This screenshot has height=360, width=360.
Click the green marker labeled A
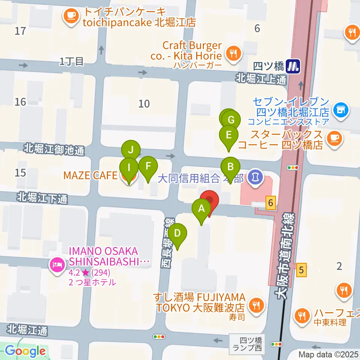click(x=201, y=208)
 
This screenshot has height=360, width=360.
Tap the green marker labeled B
click(x=230, y=167)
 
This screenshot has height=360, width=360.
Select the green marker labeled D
click(x=177, y=233)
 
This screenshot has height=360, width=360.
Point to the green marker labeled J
click(x=130, y=150)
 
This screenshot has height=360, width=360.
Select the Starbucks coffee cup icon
click(x=333, y=138)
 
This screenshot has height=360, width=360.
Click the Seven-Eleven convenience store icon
click(x=342, y=110)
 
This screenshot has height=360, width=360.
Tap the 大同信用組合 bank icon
click(x=256, y=175)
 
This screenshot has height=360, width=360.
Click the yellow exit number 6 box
click(x=271, y=203)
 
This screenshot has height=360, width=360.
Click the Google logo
click(x=25, y=351)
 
